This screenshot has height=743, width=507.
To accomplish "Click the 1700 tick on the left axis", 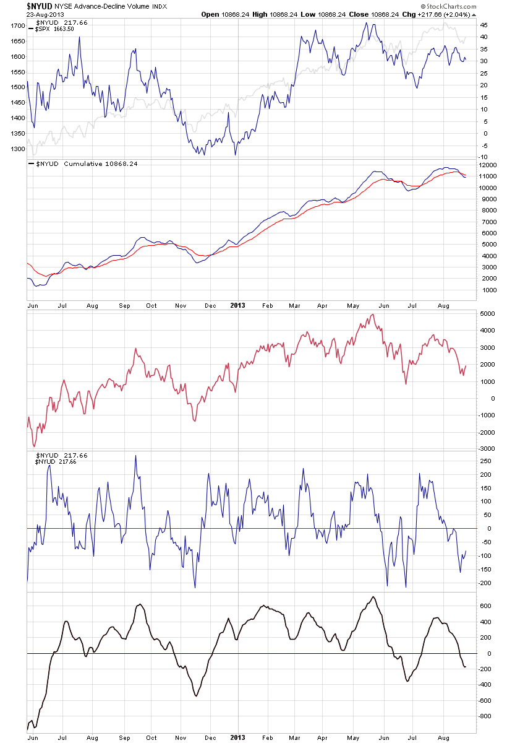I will [17, 26].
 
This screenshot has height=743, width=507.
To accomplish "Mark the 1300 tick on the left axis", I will [17, 149].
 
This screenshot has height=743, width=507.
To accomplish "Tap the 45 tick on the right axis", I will [484, 25].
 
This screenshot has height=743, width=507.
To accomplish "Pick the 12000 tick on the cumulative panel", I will [488, 165].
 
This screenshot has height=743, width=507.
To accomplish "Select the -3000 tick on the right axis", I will [487, 448].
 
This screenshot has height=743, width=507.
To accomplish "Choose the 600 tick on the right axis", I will [485, 606].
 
